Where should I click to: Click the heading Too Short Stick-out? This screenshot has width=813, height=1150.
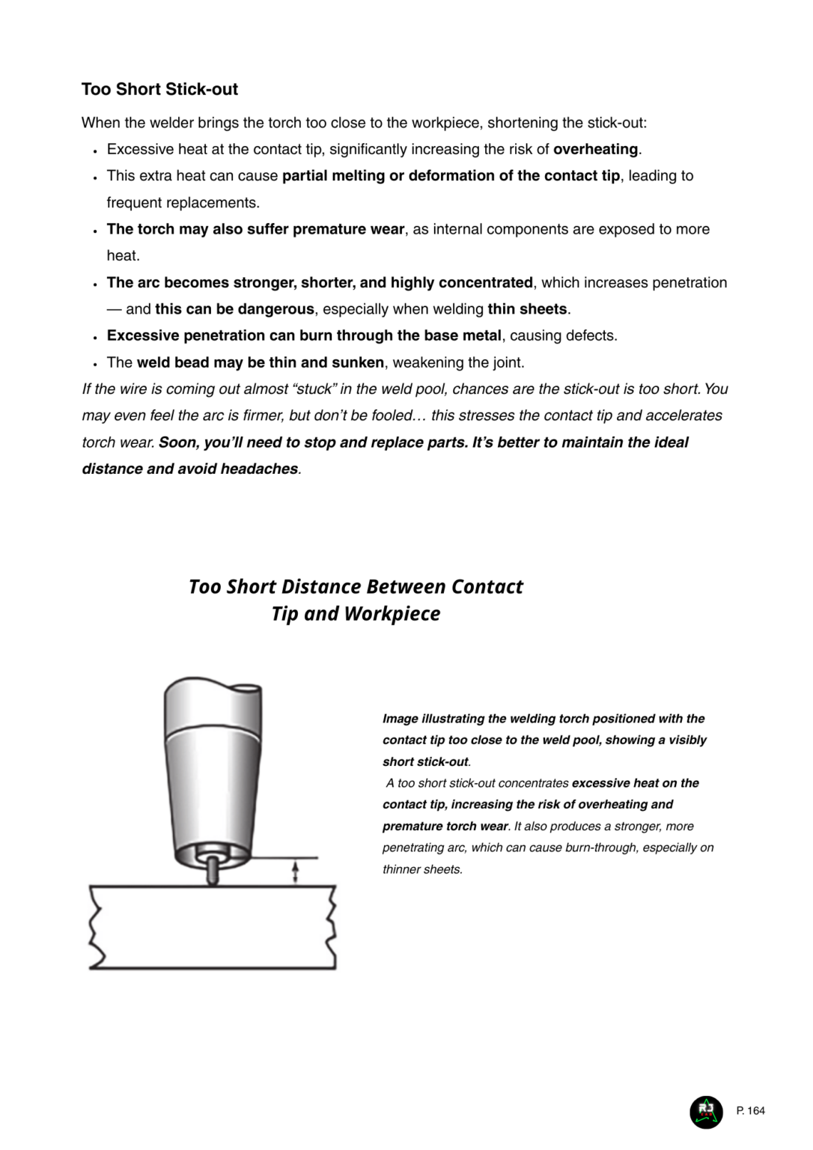pyautogui.click(x=159, y=89)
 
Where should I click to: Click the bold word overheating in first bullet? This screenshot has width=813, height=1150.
pyautogui.click(x=595, y=149)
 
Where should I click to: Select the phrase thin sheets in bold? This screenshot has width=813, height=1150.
pyautogui.click(x=527, y=309)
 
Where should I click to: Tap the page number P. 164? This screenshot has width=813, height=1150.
pyautogui.click(x=751, y=1111)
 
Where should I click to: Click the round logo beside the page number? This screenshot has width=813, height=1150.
pyautogui.click(x=706, y=1111)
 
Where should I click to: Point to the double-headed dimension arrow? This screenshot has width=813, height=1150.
pyautogui.click(x=295, y=871)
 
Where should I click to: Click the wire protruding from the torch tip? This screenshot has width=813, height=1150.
pyautogui.click(x=213, y=871)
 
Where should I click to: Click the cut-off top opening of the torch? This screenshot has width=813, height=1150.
pyautogui.click(x=246, y=687)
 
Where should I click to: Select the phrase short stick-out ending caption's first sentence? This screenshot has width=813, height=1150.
pyautogui.click(x=425, y=762)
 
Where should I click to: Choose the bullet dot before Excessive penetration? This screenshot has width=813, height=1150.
pyautogui.click(x=95, y=337)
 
